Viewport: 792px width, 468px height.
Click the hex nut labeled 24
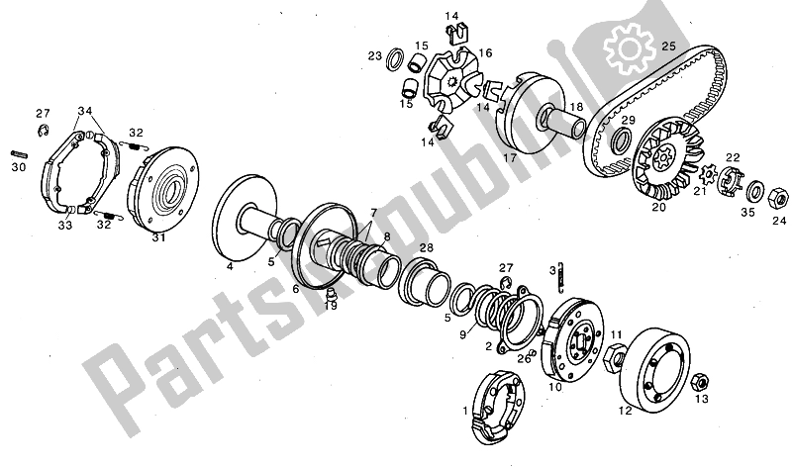pos(778,198)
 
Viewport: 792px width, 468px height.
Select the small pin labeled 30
pos(19,154)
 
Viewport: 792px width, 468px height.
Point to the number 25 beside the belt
pos(668,46)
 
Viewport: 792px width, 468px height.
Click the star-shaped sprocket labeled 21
pos(709,174)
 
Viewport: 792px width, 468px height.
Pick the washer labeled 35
pos(755,190)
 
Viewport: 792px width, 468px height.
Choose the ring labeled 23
pos(395,59)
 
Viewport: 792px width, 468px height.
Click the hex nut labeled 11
pos(614,358)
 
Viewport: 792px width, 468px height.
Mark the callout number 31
pos(159,237)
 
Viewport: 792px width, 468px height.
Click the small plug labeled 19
pos(332,293)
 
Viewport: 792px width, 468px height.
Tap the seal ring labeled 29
pos(622,140)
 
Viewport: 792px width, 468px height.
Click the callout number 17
pos(510,157)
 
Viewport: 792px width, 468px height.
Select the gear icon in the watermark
pos(630,49)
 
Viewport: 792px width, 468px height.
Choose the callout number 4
pos(230,266)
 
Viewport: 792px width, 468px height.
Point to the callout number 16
pos(485,53)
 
